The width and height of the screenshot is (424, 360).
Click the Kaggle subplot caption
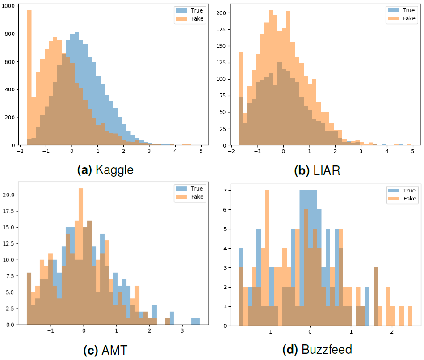pyautogui.click(x=105, y=170)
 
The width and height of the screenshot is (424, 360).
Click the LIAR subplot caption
pyautogui.click(x=317, y=170)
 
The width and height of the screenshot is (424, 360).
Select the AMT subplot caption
pyautogui.click(x=105, y=349)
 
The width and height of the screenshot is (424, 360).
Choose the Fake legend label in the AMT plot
pyautogui.click(x=197, y=197)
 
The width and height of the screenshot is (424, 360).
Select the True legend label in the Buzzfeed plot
pyautogui.click(x=409, y=190)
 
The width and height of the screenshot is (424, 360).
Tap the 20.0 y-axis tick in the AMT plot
pyautogui.click(x=9, y=195)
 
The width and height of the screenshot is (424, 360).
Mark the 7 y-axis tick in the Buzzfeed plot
pyautogui.click(x=225, y=191)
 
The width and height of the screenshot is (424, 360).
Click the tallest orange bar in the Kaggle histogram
pyautogui.click(x=29, y=76)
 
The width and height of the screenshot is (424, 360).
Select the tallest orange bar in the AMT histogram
pyautogui.click(x=81, y=255)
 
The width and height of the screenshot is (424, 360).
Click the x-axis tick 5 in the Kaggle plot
pyautogui.click(x=201, y=152)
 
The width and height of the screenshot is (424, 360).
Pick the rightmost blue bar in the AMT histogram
pyautogui.click(x=195, y=321)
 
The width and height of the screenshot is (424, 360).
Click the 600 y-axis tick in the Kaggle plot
pyautogui.click(x=11, y=62)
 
